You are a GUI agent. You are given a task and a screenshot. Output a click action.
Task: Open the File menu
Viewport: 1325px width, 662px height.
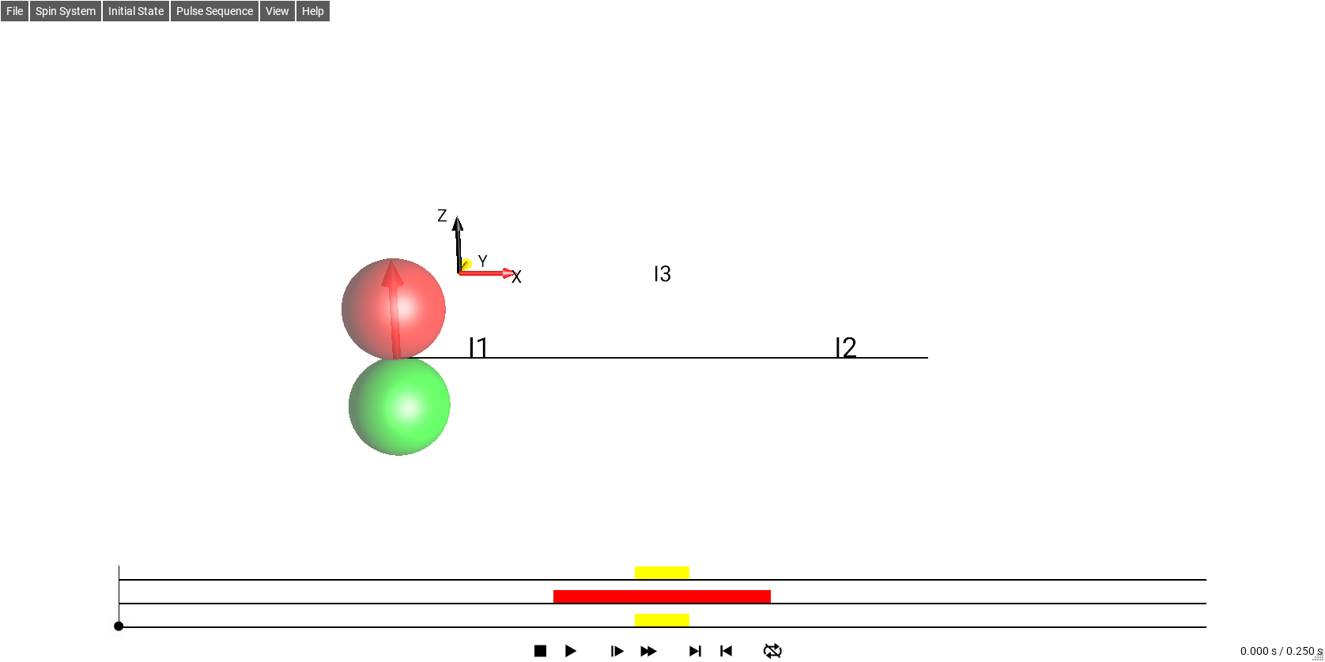pyautogui.click(x=14, y=11)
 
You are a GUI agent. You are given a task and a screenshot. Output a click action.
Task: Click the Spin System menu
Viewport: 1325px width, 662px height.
pyautogui.click(x=65, y=11)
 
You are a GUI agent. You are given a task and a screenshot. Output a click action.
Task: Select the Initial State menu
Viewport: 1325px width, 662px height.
pyautogui.click(x=135, y=11)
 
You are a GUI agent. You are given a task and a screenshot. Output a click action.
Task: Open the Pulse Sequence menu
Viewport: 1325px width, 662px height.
pyautogui.click(x=214, y=11)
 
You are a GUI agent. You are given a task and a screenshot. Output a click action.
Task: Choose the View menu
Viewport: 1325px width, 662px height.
pyautogui.click(x=277, y=11)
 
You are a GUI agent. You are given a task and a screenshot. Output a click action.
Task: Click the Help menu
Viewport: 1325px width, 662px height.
pyautogui.click(x=312, y=11)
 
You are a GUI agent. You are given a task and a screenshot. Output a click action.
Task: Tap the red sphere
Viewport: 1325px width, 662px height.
pyautogui.click(x=394, y=309)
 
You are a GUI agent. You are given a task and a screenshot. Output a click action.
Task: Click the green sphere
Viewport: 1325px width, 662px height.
pyautogui.click(x=399, y=406)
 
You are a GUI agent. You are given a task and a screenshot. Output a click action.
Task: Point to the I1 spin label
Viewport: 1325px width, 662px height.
pyautogui.click(x=478, y=348)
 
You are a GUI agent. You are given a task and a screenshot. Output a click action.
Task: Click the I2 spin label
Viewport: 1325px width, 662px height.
pyautogui.click(x=846, y=348)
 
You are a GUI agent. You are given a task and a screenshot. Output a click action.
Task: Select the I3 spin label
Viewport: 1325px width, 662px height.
pyautogui.click(x=662, y=273)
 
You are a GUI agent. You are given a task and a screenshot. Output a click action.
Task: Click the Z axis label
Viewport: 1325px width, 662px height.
pyautogui.click(x=442, y=216)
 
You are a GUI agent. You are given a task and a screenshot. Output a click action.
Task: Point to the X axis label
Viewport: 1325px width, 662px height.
pyautogui.click(x=516, y=276)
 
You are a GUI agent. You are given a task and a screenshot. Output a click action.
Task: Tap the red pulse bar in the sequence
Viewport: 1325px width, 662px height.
pyautogui.click(x=662, y=596)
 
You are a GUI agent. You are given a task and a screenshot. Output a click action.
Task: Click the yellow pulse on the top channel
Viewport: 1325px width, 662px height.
pyautogui.click(x=662, y=573)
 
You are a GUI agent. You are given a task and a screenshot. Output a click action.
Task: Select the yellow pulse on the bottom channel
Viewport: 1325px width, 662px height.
pyautogui.click(x=662, y=620)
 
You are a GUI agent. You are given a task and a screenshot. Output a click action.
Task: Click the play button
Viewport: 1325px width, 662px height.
pyautogui.click(x=570, y=651)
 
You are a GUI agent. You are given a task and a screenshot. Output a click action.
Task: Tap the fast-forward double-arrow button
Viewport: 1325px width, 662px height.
pyautogui.click(x=648, y=651)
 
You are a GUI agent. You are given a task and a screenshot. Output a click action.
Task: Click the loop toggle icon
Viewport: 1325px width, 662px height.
pyautogui.click(x=772, y=651)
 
